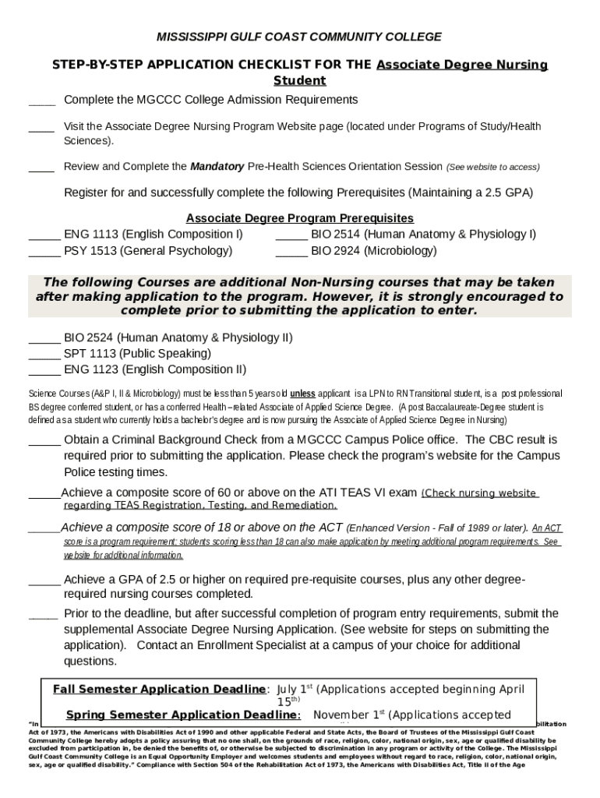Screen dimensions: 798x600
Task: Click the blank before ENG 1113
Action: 44,235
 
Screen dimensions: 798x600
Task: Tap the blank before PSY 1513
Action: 44,252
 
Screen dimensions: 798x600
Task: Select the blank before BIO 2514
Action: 291,235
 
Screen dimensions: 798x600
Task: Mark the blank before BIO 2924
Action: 291,252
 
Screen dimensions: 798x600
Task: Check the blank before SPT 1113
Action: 44,355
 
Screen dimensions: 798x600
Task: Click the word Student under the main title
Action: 300,80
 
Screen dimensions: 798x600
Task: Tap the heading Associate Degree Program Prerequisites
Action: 300,218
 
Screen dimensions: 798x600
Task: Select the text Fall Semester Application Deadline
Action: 159,690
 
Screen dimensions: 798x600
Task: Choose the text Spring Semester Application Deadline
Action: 181,715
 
